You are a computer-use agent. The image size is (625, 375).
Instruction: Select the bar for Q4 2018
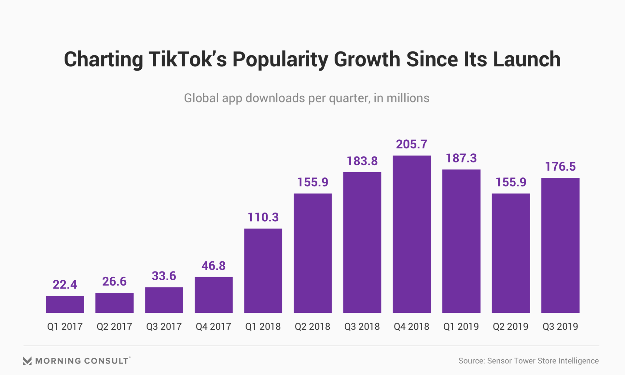click(x=411, y=234)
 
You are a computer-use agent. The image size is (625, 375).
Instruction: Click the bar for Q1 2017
click(x=65, y=304)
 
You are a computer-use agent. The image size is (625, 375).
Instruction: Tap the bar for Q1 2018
click(x=263, y=271)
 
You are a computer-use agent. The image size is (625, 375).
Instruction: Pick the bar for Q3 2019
click(x=560, y=245)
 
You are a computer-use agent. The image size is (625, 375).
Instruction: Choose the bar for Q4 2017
click(x=214, y=295)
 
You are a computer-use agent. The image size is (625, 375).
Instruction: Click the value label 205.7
click(x=411, y=144)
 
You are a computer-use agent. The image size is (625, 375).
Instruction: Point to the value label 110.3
click(x=263, y=217)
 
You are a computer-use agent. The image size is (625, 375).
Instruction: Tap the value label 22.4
click(x=65, y=285)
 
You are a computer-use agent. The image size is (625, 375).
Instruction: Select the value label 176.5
click(x=560, y=167)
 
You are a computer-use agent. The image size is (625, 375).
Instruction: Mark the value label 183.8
click(x=362, y=161)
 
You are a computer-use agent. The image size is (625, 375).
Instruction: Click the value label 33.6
click(x=164, y=276)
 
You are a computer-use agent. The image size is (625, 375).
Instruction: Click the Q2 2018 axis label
click(x=312, y=326)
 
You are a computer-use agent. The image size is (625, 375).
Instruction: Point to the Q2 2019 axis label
click(x=510, y=326)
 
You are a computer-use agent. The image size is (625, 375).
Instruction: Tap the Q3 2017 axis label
click(x=164, y=326)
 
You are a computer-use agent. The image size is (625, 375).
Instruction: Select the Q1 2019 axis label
click(x=461, y=326)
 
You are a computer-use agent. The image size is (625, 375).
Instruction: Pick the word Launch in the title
click(x=527, y=59)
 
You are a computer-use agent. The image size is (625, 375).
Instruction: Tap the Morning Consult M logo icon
click(x=27, y=361)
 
